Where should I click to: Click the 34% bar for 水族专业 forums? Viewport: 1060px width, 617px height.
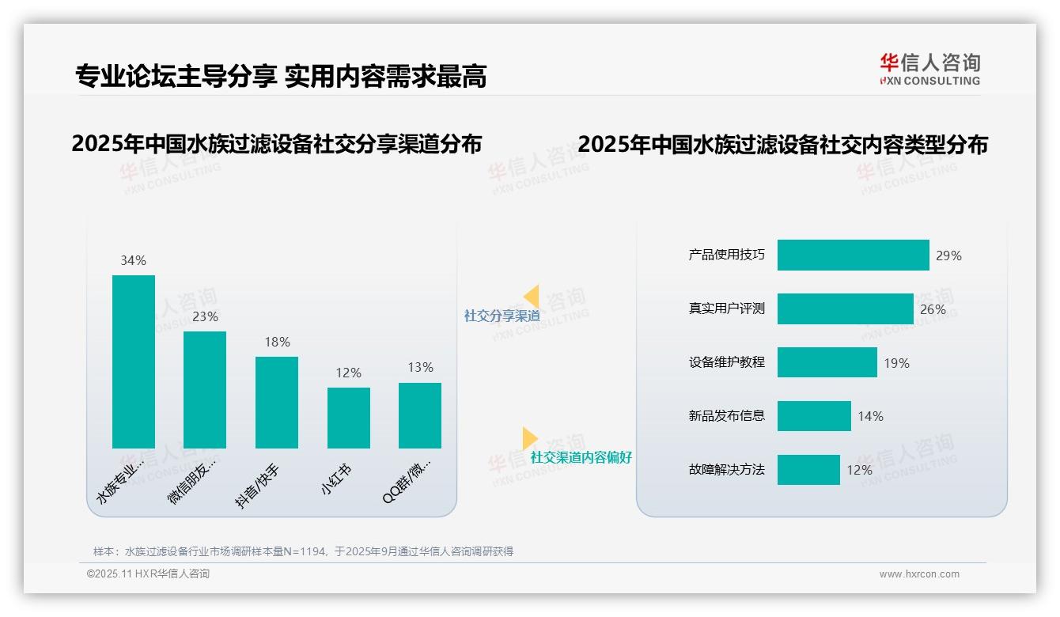tap(134, 361)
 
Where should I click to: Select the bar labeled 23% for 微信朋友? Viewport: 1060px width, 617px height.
tap(205, 389)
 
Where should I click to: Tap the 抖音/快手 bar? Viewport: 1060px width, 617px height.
tap(277, 402)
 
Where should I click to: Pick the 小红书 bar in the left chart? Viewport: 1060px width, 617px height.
tap(348, 418)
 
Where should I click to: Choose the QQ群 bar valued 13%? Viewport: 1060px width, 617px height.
tap(420, 415)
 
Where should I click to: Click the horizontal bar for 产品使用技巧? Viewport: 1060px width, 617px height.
tap(853, 256)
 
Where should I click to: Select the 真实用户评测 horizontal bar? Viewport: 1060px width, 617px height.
tap(845, 309)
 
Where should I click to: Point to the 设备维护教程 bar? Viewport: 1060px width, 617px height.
tap(827, 362)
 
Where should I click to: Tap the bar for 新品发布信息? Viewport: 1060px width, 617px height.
tap(814, 416)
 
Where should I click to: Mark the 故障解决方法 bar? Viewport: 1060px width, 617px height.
tap(808, 470)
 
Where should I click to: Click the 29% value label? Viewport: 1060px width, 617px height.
tap(948, 256)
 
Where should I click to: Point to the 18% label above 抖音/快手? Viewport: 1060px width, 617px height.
tap(277, 342)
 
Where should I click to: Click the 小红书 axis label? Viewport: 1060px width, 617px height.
tap(336, 479)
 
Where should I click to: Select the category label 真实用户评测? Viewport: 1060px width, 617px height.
tap(726, 308)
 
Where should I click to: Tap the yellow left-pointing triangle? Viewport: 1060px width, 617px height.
tap(532, 297)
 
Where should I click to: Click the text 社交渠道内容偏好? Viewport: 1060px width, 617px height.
tap(581, 457)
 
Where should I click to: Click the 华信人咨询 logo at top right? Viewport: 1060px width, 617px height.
tap(929, 69)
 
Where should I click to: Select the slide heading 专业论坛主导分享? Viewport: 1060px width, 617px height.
tap(175, 76)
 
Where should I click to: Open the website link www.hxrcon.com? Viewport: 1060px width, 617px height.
tap(919, 574)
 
